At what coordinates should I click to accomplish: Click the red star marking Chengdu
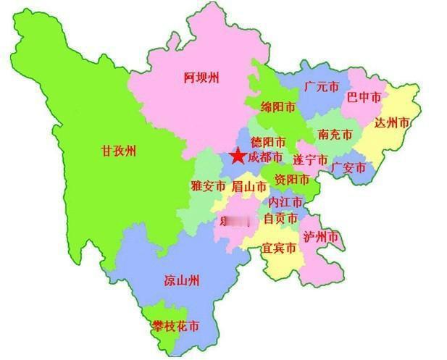[237, 156]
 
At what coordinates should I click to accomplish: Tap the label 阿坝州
[201, 78]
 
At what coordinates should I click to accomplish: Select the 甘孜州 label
[119, 151]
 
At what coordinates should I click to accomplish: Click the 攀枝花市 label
[176, 327]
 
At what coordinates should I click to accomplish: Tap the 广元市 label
[322, 87]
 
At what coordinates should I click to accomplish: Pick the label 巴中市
[364, 96]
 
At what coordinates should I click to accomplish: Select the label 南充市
[335, 135]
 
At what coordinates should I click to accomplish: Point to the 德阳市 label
[268, 142]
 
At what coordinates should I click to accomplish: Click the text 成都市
[265, 156]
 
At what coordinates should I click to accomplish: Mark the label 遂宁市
[310, 159]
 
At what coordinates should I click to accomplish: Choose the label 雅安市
[209, 186]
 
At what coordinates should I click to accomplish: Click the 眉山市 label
[249, 186]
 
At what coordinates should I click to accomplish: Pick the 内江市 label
[285, 201]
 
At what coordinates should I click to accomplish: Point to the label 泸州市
[321, 237]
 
